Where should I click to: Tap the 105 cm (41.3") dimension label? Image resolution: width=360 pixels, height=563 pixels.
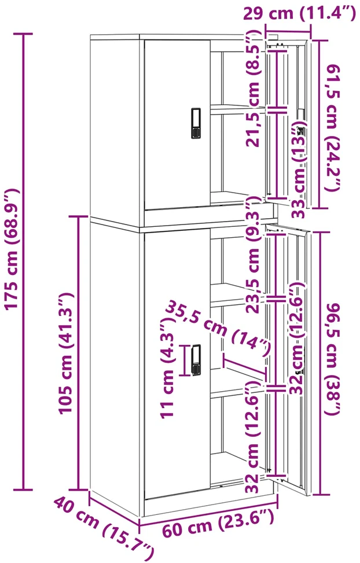(66, 354)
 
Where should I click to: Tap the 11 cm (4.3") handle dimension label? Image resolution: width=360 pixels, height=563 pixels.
(167, 368)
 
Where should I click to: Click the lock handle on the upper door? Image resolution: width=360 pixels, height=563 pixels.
(196, 123)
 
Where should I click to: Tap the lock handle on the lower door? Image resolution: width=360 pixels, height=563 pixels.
(196, 360)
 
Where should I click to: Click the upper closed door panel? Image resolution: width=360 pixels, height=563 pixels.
(177, 124)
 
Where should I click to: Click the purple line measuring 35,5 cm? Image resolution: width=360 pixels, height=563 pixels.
(244, 367)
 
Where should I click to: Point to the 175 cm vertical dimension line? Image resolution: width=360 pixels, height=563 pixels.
(24, 262)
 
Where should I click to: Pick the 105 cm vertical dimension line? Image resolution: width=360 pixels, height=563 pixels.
(78, 353)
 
